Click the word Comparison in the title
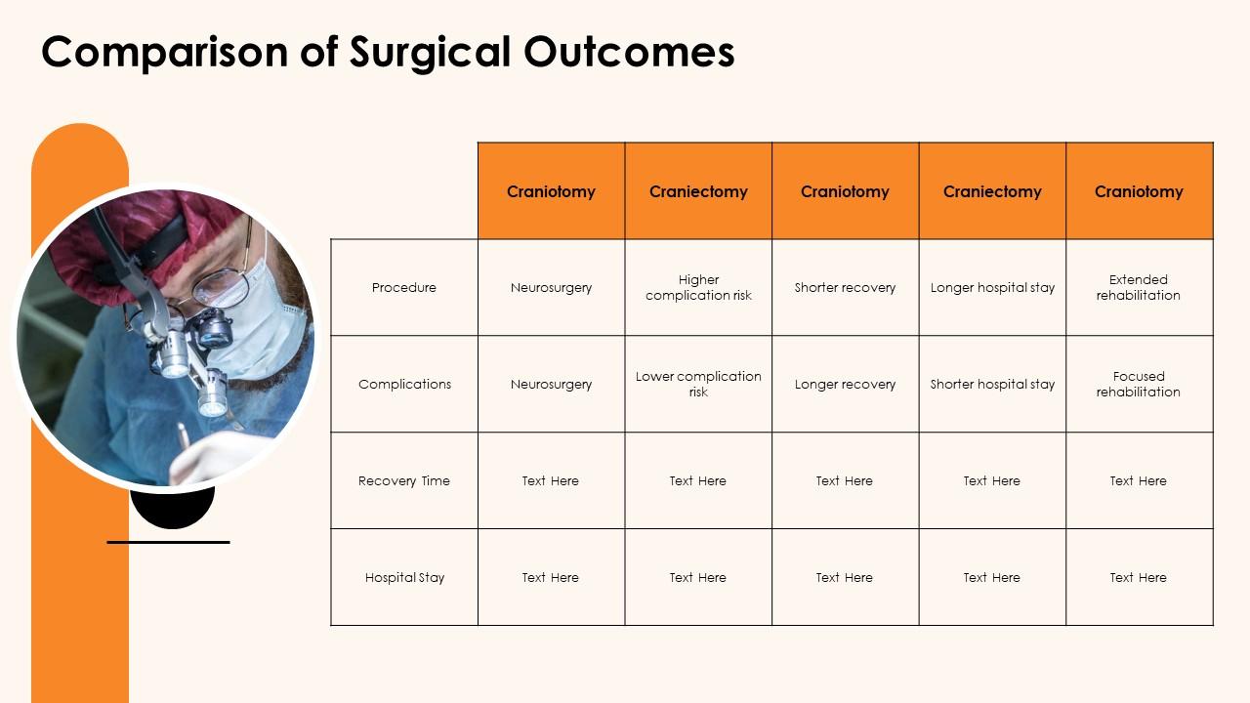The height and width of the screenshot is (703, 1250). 165,53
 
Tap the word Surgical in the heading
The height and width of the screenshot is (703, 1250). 431,53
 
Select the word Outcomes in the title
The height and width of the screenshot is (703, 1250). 629,52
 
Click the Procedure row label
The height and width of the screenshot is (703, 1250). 404,287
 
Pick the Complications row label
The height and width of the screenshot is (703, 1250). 404,384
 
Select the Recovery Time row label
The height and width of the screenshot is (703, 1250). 404,481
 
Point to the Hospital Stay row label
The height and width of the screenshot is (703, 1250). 404,577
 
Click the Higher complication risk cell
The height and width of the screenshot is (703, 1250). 698,287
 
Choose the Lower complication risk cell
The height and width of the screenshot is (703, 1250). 698,384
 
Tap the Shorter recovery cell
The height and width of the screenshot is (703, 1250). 845,287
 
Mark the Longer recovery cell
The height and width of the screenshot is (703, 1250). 845,384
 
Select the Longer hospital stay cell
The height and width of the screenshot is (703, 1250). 992,287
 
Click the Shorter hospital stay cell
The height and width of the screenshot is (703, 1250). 992,384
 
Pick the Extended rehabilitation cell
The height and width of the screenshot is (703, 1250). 1139,287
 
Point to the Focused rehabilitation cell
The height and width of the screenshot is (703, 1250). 1139,384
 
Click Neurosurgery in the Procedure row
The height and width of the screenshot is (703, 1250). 551,287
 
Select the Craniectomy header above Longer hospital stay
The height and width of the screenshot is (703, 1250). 992,191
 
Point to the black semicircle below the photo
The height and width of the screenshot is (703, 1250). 173,511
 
